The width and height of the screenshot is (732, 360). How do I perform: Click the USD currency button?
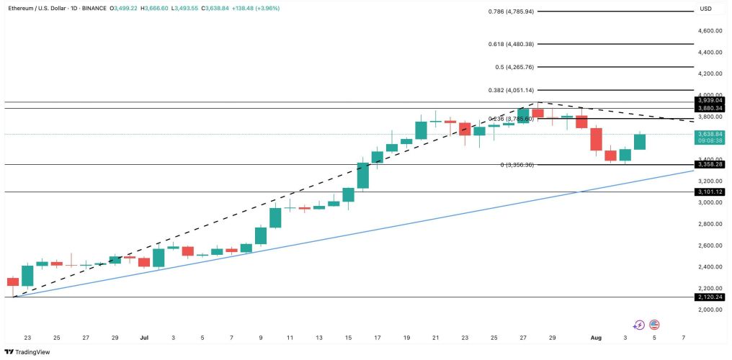coord(705,9)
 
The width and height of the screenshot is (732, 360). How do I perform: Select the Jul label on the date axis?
coord(144,337)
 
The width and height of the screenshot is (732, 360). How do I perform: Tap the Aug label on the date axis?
coord(596,337)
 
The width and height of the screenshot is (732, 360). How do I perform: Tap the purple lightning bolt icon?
coord(639,325)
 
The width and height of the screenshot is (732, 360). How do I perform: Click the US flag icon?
coord(654,325)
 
